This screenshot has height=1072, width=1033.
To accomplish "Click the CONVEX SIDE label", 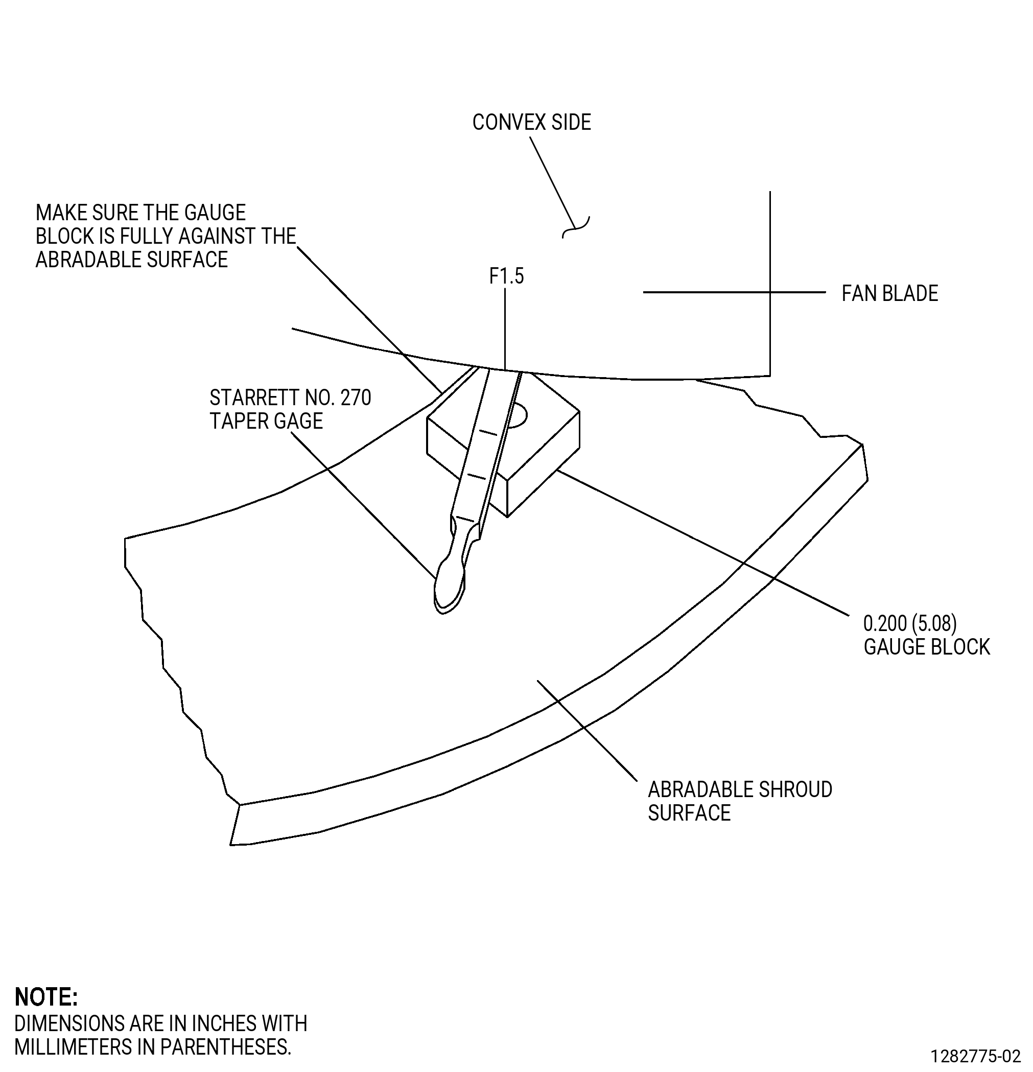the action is point(531,122).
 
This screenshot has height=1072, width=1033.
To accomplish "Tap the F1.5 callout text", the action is point(506,276).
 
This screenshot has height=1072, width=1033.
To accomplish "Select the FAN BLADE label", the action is point(890,294).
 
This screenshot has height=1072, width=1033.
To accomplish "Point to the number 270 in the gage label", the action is point(356,398).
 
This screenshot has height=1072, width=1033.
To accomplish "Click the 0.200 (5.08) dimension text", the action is point(910,623).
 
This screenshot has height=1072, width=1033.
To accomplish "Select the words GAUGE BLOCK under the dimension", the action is point(926,647).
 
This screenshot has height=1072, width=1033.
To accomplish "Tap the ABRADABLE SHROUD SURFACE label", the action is point(740,801).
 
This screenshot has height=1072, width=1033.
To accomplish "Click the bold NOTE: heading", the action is point(46,997).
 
